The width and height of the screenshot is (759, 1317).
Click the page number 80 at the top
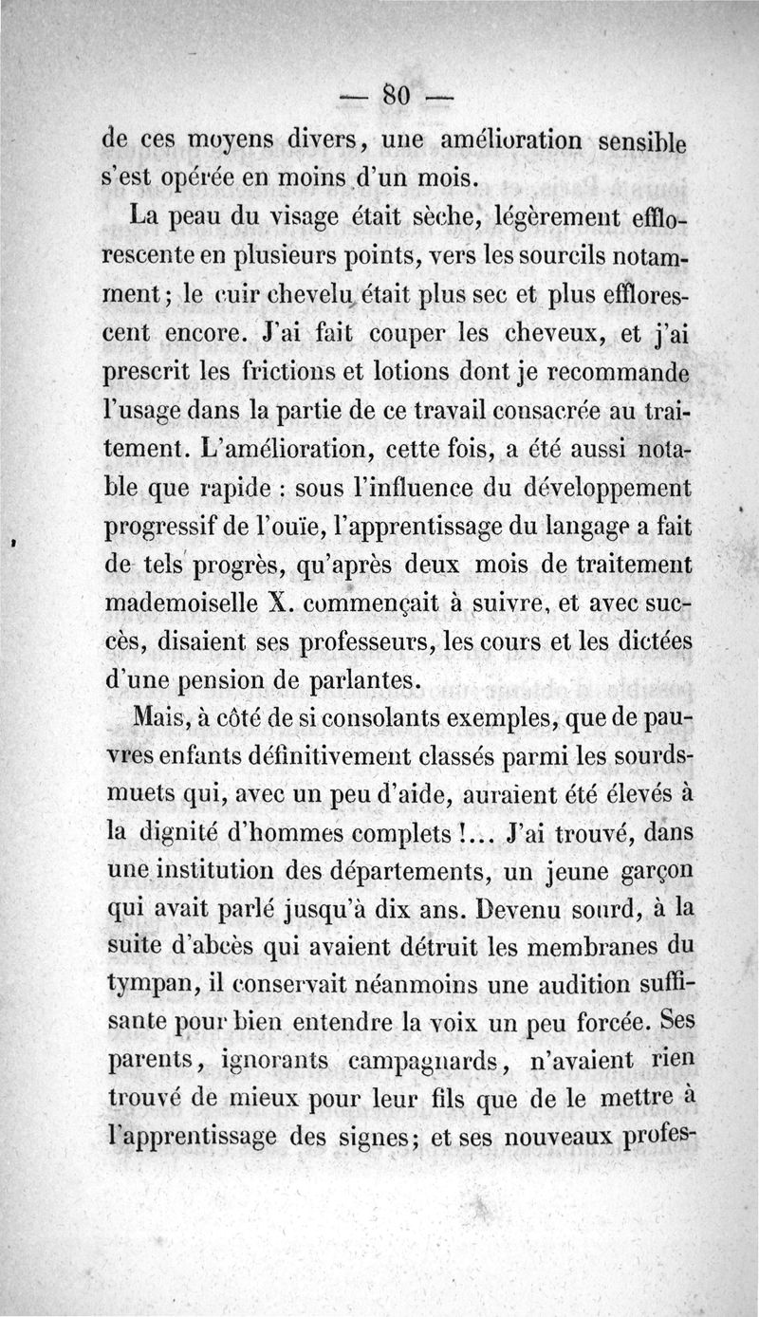coord(396,95)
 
